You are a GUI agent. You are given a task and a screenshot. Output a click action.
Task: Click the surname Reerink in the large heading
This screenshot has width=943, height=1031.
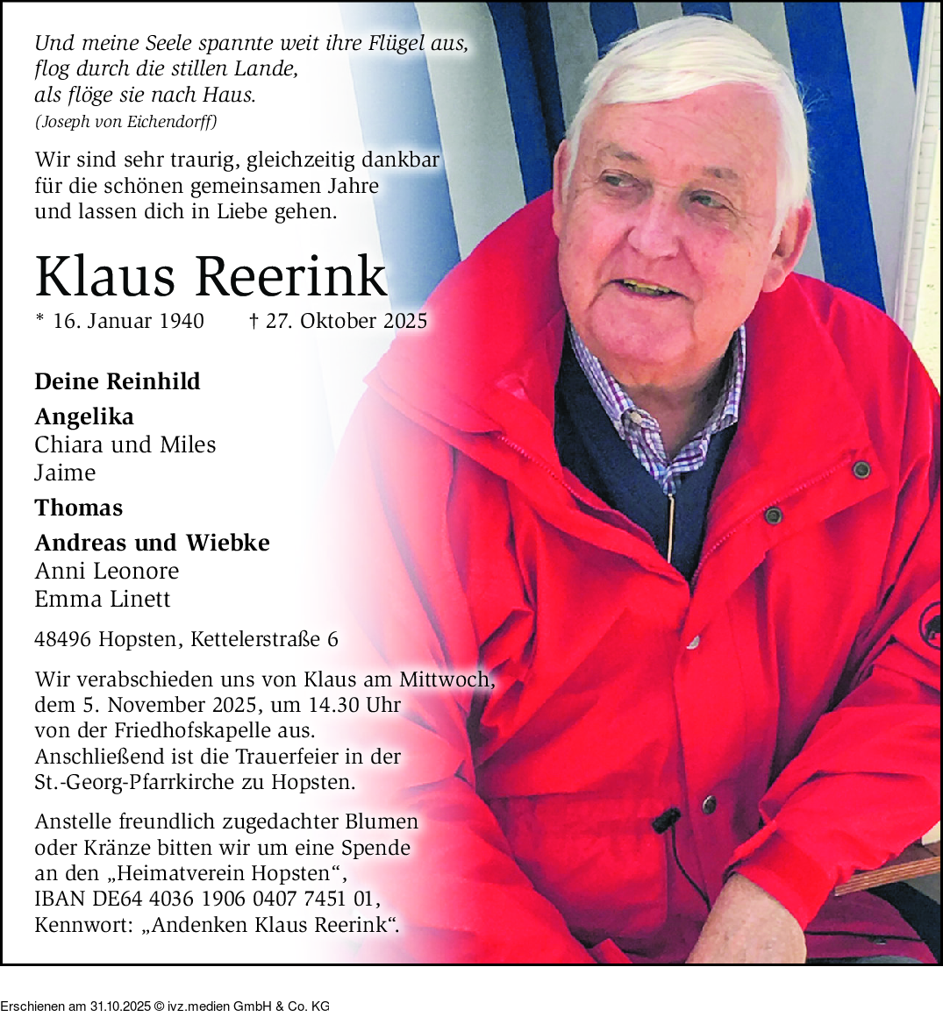290,277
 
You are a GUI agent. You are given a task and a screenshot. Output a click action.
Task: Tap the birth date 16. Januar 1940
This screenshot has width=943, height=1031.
128,322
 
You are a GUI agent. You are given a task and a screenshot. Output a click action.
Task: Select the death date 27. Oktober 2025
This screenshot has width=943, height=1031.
346,322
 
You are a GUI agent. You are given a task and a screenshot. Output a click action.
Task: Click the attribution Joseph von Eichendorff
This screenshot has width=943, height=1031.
125,122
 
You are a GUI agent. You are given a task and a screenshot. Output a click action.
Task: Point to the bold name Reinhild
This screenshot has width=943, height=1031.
153,381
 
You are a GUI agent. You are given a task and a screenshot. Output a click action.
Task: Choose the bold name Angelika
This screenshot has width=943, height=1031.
84,417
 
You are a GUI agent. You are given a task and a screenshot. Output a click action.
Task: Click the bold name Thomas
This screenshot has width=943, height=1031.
79,508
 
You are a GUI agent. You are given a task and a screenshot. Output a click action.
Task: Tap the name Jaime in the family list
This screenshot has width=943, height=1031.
65,473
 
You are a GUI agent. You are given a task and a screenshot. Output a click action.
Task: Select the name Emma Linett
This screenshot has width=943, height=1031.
103,600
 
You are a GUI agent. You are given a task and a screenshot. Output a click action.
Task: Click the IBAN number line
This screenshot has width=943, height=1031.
207,899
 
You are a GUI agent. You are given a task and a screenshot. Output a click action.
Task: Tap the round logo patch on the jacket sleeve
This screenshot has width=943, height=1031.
928,629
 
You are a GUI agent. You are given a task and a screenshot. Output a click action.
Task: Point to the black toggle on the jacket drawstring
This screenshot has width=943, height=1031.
667,821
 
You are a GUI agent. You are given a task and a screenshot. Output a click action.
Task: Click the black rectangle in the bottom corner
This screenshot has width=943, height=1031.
165,998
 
